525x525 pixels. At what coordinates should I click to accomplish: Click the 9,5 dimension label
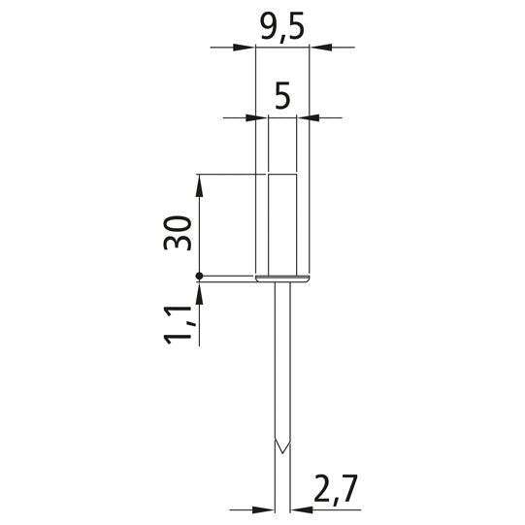coord(282,27)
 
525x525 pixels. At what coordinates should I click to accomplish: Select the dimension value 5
coord(282,96)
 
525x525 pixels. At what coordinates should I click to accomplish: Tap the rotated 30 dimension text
coord(178,233)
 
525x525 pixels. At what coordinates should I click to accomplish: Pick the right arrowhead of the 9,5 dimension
coord(320,48)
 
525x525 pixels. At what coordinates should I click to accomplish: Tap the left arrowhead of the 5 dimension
coord(257,117)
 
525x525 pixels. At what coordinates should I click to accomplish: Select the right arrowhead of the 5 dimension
coord(308,117)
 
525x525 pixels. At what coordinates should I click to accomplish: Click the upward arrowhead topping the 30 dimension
coord(199,185)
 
